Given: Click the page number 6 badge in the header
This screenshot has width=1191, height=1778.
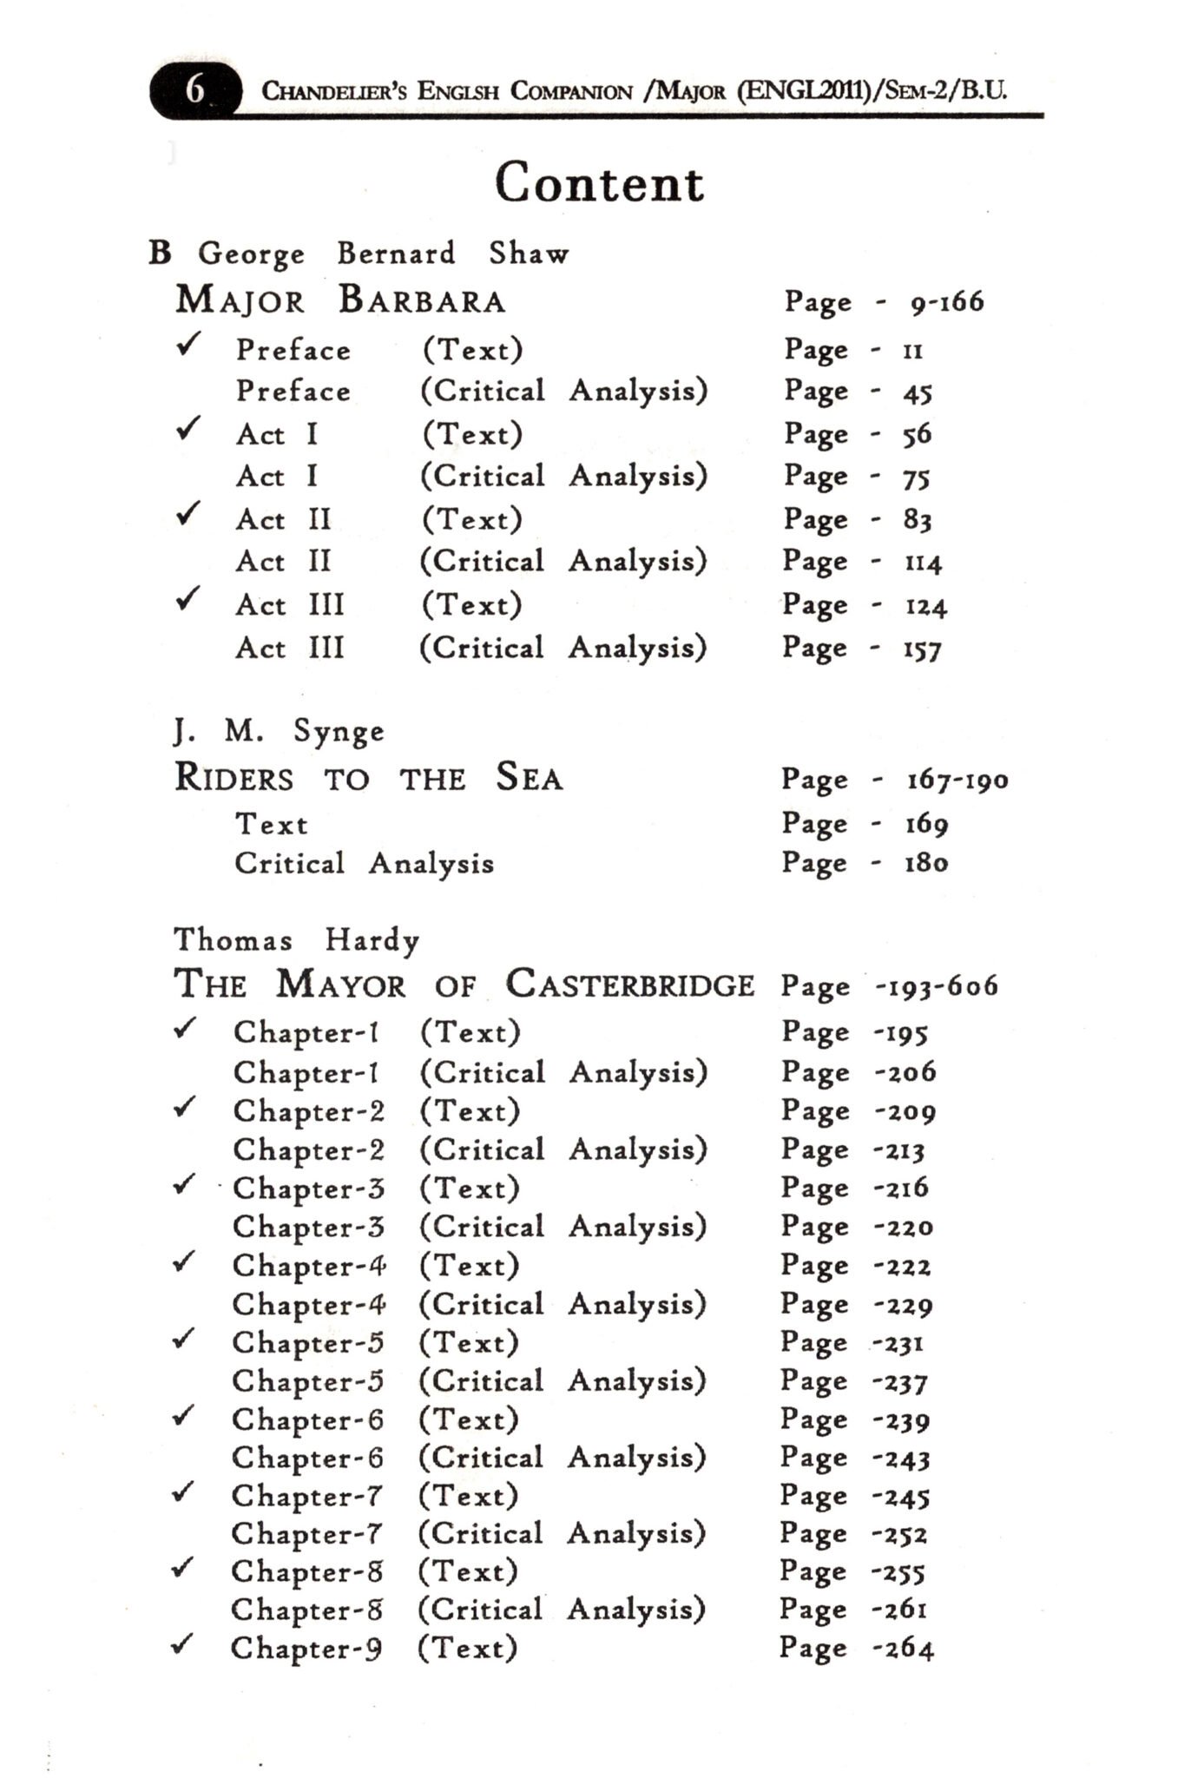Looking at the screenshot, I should click(194, 89).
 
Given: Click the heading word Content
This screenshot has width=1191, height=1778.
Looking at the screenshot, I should click(599, 183).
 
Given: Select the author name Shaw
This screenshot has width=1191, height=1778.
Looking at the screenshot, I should click(529, 254).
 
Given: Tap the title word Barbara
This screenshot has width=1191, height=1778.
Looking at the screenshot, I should click(421, 300).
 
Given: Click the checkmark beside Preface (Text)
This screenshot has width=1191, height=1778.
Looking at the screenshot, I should click(188, 345).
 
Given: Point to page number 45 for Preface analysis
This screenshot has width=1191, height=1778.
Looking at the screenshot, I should click(917, 392).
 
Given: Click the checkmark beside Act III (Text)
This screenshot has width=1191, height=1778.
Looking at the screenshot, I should click(188, 598).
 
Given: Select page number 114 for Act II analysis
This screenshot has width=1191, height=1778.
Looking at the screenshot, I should click(922, 563).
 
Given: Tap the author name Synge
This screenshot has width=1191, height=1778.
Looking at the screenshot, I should click(339, 732).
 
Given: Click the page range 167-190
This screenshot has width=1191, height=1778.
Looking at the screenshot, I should click(957, 780).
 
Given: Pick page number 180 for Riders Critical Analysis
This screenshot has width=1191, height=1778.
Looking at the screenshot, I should click(926, 863).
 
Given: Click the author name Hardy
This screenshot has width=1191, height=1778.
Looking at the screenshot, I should click(372, 940).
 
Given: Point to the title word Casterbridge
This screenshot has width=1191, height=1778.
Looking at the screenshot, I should click(630, 984).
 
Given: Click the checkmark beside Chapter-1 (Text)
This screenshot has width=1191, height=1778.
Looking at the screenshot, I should click(184, 1029).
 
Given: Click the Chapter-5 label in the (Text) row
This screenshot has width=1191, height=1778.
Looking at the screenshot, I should click(307, 1343).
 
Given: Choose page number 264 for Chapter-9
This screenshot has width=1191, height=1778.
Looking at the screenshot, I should click(905, 1648).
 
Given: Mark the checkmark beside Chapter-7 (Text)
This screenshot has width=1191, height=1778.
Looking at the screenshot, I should click(183, 1492).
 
